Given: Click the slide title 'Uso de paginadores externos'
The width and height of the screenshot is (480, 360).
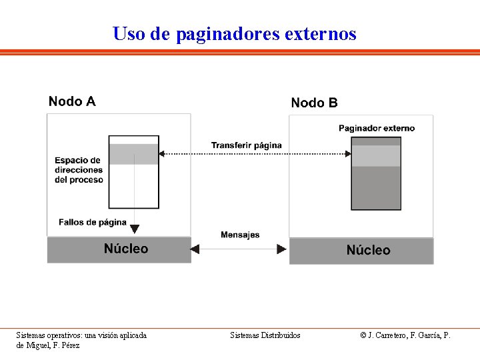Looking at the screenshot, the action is (235, 33).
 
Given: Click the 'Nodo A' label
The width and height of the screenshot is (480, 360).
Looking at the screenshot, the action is (72, 101).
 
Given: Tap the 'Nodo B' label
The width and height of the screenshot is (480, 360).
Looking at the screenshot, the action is (314, 103).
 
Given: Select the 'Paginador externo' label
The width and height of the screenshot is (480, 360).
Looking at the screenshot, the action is (376, 128).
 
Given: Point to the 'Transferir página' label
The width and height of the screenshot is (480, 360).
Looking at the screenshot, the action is (246, 145).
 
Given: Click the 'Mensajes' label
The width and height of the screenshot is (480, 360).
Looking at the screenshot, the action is (240, 235).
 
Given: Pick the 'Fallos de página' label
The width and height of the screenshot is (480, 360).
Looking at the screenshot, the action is (92, 222).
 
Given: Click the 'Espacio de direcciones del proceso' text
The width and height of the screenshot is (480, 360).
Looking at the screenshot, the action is (79, 170).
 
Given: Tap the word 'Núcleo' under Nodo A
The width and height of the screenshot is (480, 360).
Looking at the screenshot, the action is (126, 249).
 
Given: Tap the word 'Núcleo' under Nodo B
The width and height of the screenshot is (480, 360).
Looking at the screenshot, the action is (368, 250).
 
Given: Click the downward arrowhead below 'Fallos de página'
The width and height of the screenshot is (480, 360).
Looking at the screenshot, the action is (134, 229).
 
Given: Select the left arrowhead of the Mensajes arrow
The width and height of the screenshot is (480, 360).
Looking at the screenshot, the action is (195, 249).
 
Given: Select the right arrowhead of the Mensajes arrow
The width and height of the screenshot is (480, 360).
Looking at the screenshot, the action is (281, 249).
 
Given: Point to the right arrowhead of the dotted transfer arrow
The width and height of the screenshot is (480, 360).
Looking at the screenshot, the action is (347, 153).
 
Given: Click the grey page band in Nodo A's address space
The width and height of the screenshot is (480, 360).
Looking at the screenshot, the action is (134, 153).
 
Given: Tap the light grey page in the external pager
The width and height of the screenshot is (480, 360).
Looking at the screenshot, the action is (376, 156).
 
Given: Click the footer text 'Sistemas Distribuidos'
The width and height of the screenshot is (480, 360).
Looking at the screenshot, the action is (265, 335).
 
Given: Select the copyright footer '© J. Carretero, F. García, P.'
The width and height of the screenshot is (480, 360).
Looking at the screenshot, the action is (405, 335).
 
